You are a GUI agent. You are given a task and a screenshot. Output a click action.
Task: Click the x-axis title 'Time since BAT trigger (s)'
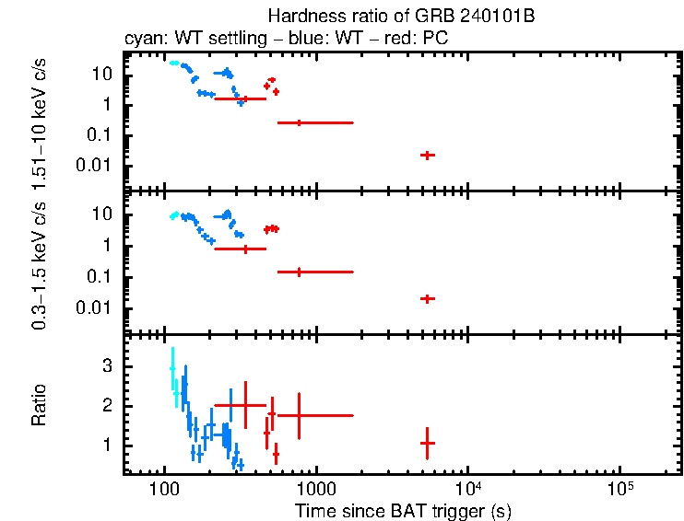point(403,509)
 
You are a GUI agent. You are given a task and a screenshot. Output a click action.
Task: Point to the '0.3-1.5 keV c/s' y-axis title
point(41,262)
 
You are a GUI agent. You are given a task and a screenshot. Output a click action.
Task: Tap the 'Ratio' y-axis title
point(41,405)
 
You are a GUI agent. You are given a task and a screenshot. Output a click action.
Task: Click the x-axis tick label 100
point(163,486)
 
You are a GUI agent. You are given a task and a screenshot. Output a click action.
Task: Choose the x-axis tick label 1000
point(316,486)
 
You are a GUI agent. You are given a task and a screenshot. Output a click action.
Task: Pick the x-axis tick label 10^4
point(468,485)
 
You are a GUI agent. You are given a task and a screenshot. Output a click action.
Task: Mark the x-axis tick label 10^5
point(619,485)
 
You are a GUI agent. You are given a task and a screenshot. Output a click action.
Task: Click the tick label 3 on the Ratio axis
point(107,366)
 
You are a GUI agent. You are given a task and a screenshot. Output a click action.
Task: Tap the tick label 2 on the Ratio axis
point(107,406)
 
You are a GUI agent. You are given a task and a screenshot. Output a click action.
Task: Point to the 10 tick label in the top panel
point(103,74)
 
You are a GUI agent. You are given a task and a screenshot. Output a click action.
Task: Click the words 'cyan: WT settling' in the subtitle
point(190,40)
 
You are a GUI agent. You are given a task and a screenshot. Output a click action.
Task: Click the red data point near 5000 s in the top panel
point(427,155)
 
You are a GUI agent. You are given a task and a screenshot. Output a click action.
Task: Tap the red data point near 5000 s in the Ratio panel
point(427,443)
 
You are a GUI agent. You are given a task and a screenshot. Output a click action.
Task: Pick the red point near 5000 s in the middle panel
point(427,298)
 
